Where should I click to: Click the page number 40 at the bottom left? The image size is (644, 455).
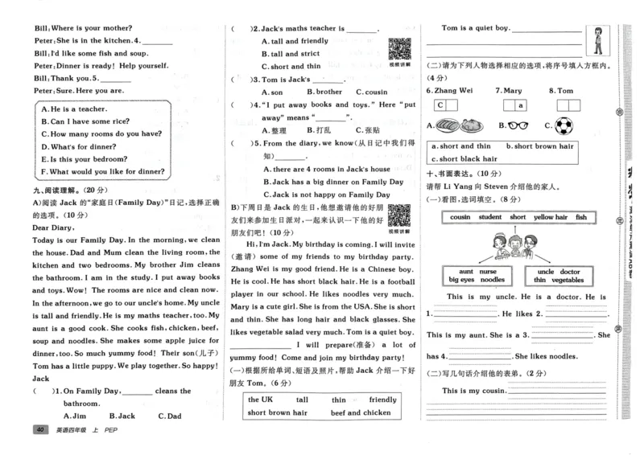38,432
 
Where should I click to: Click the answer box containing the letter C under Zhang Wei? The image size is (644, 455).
440,105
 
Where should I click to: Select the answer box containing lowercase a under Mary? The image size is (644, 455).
521,105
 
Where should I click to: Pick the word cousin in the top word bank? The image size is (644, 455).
460,217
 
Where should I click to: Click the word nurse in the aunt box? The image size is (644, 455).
488,272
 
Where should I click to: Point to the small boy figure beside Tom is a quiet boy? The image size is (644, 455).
597,38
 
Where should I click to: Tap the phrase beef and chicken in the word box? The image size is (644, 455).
359,412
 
